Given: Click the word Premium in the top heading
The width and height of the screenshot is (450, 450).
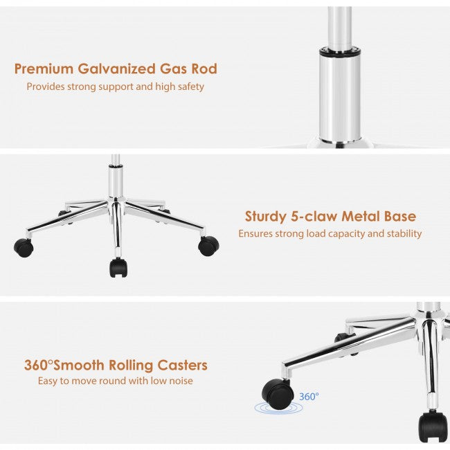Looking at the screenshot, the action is (44, 69).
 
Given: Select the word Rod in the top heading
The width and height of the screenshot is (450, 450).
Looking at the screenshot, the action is (204, 69).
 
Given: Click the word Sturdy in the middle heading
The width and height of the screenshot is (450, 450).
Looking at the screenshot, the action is (266, 217).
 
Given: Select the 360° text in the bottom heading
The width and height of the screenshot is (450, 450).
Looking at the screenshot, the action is (39, 365).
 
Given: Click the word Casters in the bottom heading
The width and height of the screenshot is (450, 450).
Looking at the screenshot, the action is (182, 366).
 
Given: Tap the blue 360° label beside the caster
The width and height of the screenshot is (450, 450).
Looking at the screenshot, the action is (309, 397).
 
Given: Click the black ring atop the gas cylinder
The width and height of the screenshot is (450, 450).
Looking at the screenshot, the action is (340, 51).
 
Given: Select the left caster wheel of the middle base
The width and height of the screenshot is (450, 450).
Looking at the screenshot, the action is (24, 247).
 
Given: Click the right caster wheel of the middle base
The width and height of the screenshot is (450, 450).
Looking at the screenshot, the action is (208, 246).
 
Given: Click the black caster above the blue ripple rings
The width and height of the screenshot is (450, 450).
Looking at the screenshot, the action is (278, 394).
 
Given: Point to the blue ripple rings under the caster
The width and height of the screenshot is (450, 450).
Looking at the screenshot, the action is (278, 408).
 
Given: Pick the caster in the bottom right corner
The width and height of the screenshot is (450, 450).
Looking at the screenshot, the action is (433, 426).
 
